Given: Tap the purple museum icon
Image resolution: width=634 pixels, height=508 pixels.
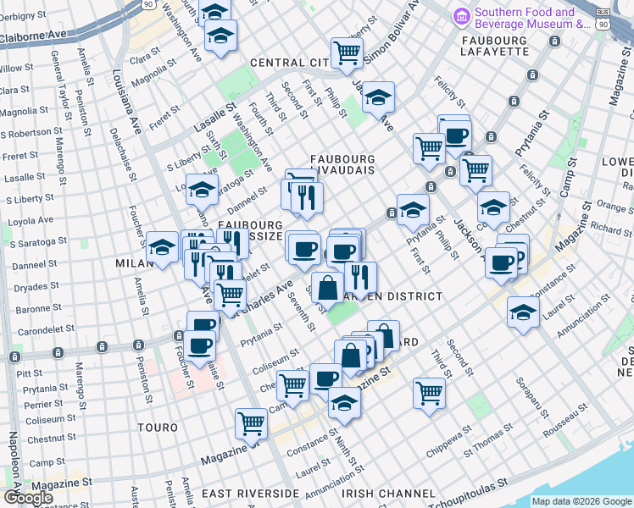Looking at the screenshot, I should [461, 15].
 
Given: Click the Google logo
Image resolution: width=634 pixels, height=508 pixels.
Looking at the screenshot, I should [28, 497].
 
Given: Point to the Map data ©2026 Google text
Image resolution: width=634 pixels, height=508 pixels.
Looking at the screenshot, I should [581, 501].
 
